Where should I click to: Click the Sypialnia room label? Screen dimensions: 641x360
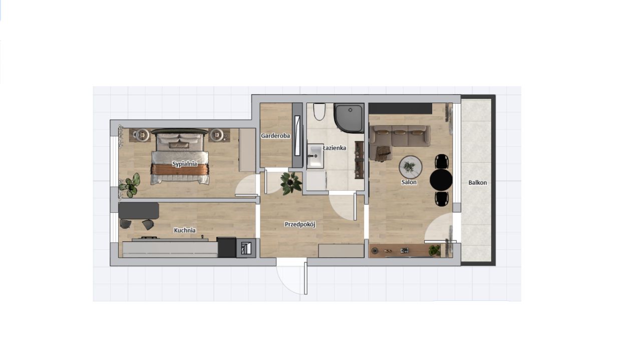[185, 164]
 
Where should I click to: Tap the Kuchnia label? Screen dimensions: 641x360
[185, 230]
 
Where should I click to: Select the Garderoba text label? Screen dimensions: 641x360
[275, 136]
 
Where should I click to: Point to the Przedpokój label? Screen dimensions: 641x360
[300, 225]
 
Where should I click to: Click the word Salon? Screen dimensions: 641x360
[409, 182]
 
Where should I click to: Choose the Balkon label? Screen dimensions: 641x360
[478, 183]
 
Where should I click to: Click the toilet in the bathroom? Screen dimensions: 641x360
[319, 112]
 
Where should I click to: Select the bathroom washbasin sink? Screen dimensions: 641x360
[315, 156]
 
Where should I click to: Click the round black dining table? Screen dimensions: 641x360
[441, 180]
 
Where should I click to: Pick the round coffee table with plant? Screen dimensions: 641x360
[411, 167]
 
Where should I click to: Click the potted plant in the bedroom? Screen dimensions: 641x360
[130, 185]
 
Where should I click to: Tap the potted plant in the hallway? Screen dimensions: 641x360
[291, 183]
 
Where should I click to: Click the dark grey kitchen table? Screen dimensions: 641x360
[139, 211]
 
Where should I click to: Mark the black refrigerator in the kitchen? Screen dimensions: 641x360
[226, 247]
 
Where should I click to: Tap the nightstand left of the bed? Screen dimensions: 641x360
[140, 135]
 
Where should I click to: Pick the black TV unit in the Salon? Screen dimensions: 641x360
[400, 109]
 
